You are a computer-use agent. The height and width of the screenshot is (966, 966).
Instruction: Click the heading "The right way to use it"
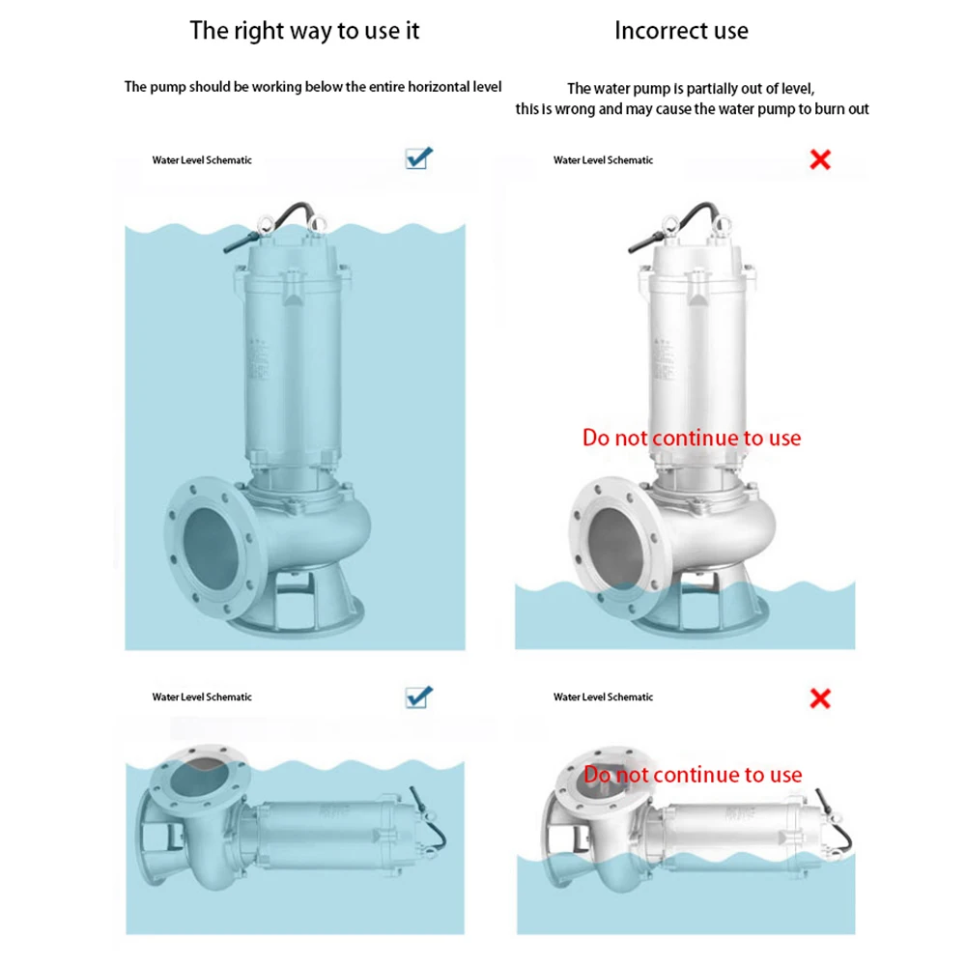304,30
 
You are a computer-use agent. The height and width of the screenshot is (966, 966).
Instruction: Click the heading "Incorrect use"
681,30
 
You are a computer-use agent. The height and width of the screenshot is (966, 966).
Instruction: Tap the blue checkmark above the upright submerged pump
419,158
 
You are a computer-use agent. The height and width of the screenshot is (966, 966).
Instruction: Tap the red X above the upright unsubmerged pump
820,159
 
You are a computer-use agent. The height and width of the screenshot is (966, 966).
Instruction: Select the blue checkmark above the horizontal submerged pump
419,696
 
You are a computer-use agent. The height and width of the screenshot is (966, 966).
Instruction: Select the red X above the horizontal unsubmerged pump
820,697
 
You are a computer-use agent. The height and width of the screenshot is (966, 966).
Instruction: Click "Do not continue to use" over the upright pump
692,438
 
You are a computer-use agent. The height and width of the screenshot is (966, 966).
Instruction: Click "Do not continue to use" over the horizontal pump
693,775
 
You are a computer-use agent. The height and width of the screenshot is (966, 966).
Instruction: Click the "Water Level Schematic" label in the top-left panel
202,160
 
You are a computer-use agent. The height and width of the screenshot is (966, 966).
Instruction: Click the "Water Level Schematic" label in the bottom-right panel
603,696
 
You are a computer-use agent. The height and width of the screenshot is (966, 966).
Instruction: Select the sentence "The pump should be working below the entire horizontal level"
313,87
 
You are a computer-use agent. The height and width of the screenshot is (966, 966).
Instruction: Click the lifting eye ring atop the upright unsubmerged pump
719,228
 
